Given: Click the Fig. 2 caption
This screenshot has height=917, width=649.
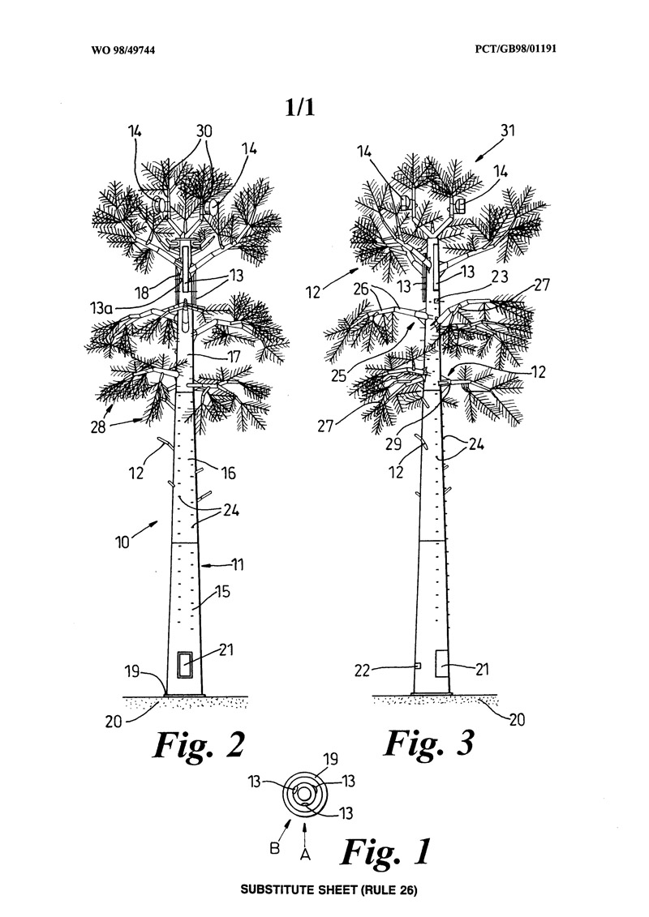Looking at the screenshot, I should click(198, 743).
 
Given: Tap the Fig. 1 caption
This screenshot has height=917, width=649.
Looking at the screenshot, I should click(385, 851).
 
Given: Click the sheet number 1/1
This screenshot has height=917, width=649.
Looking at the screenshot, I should click(299, 109).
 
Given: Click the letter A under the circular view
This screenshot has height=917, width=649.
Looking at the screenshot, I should click(304, 852).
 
